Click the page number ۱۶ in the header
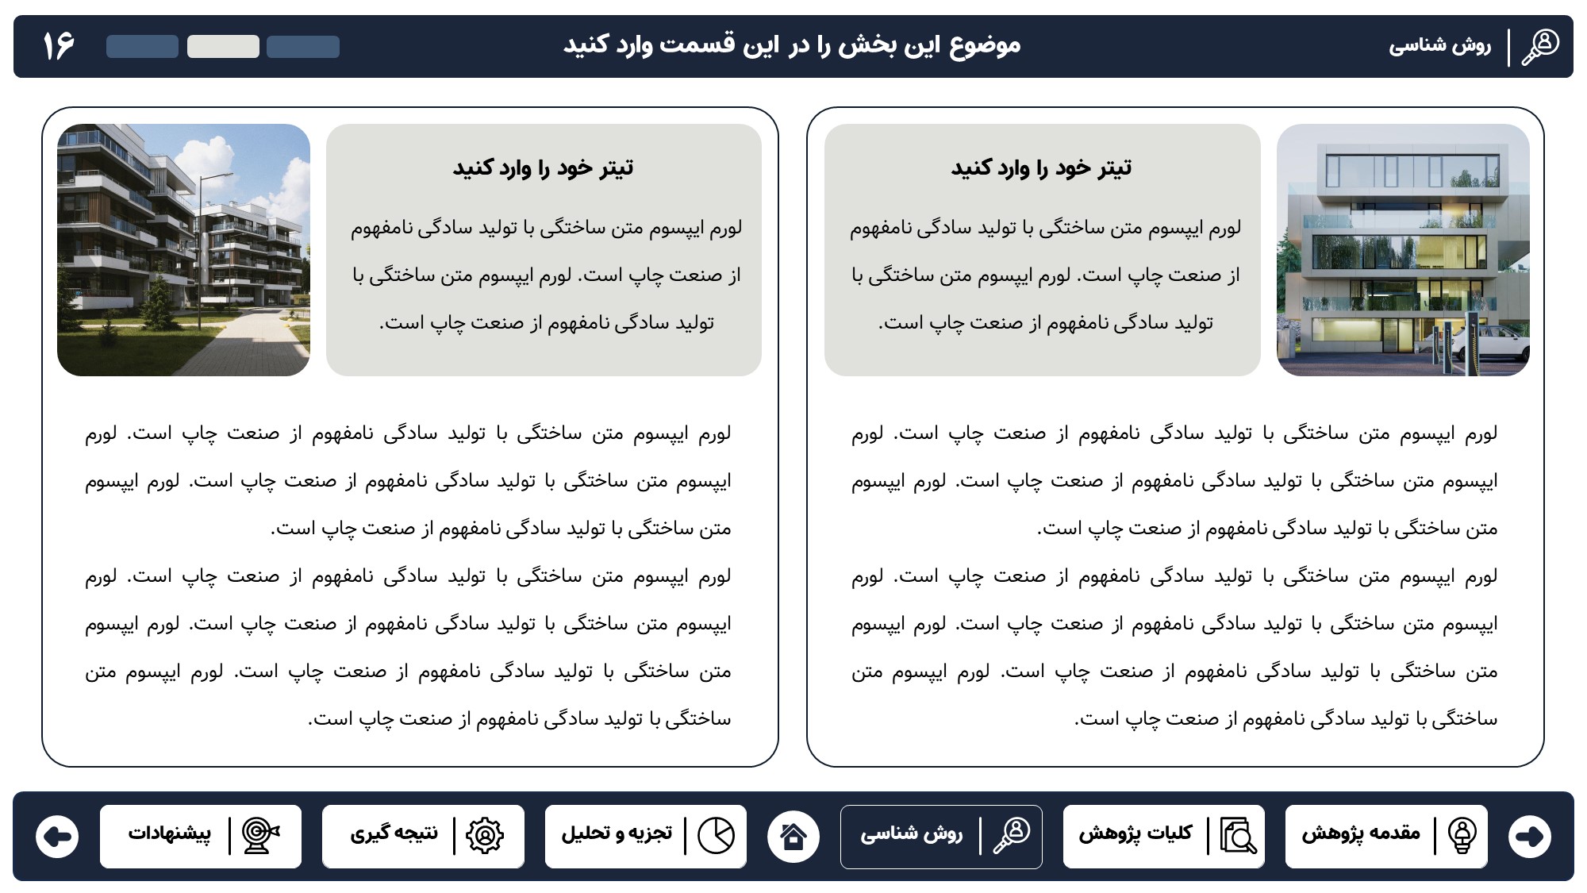click(x=59, y=46)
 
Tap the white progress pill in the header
click(x=223, y=47)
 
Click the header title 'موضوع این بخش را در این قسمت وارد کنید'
click(x=792, y=44)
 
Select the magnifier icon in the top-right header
click(x=1540, y=47)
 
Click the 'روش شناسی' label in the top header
click(x=1439, y=46)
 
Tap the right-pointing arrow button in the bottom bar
click(x=1529, y=836)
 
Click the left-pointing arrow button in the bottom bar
click(x=58, y=836)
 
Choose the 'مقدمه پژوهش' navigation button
click(x=1385, y=836)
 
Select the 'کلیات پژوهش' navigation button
click(x=1163, y=836)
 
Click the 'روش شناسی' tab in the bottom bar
click(x=941, y=836)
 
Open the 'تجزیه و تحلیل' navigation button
click(x=645, y=836)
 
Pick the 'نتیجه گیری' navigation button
click(x=423, y=836)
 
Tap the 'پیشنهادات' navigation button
click(x=201, y=836)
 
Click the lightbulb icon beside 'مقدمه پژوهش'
click(x=1462, y=835)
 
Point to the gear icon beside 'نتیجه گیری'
click(x=485, y=835)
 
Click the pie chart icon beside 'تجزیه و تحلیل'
click(x=716, y=835)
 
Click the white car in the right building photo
click(x=1492, y=344)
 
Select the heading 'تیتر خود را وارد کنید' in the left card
click(x=544, y=168)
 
